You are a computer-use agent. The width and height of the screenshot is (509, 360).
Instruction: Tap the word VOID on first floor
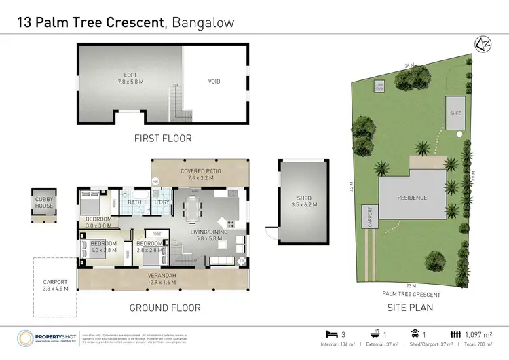214,82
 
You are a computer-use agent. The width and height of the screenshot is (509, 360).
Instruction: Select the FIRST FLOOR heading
163,139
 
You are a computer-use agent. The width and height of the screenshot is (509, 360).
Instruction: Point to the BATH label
135,202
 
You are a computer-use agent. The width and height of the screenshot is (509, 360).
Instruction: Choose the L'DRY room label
162,202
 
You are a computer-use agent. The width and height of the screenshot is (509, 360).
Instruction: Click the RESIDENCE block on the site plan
412,198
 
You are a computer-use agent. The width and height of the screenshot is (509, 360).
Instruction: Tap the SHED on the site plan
455,113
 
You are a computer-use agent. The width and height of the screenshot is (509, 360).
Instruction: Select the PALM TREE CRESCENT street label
412,295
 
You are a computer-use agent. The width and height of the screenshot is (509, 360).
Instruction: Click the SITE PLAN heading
411,307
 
